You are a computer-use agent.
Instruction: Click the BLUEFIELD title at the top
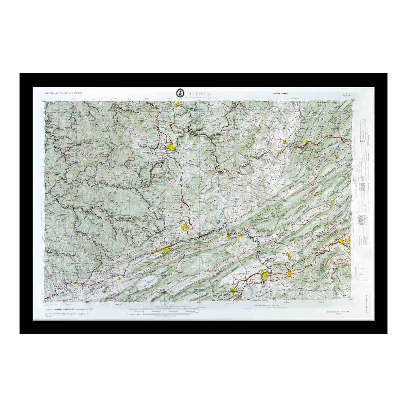(199, 94)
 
